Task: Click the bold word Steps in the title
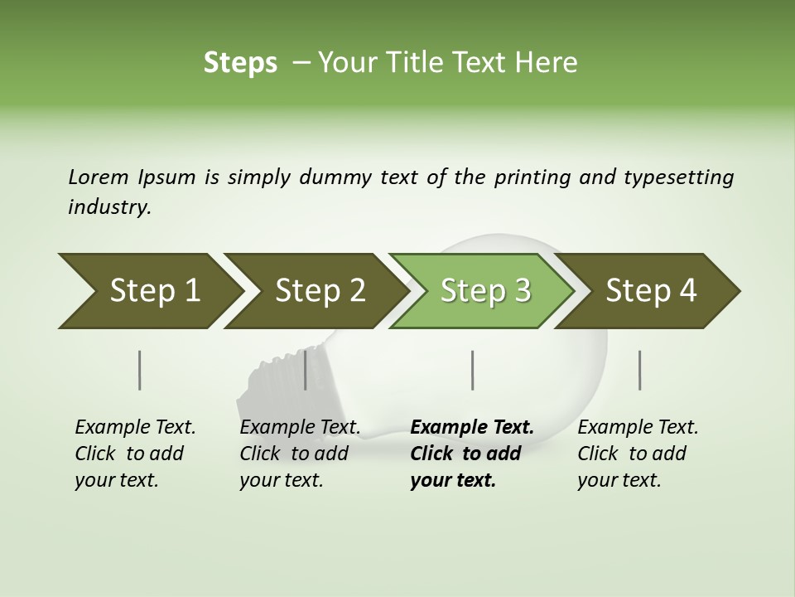tap(240, 63)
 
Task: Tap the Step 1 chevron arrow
tap(149, 291)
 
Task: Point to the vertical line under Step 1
tap(139, 370)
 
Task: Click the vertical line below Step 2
tap(306, 370)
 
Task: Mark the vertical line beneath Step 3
tap(472, 370)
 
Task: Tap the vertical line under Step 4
tap(640, 370)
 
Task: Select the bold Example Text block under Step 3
tap(471, 454)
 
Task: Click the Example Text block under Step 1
tap(135, 454)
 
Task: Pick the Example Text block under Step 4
tap(638, 454)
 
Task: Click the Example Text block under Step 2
tap(300, 454)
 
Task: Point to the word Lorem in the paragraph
tap(99, 177)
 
